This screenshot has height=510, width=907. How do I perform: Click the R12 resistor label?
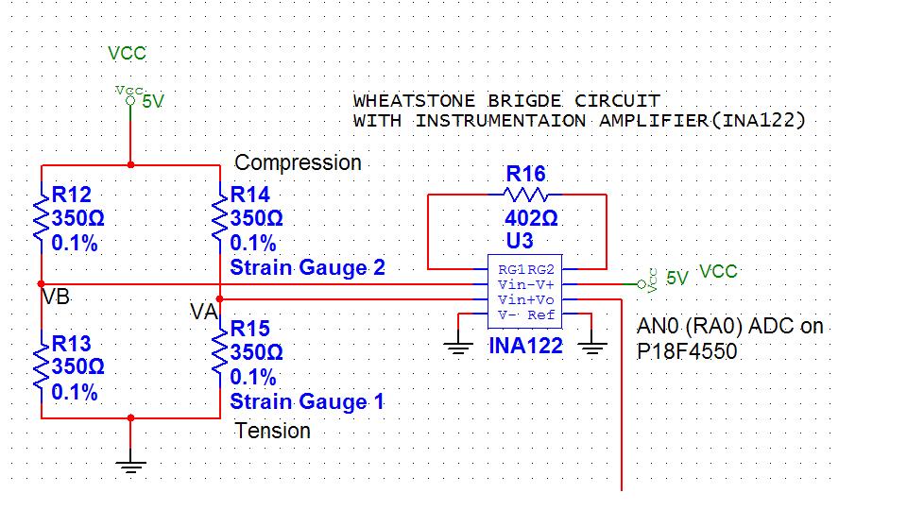[72, 195]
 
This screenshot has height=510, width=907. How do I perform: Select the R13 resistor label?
[72, 344]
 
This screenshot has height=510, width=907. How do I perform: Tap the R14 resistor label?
[250, 195]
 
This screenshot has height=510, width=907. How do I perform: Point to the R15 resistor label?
[250, 329]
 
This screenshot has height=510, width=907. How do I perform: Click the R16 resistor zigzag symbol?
[526, 195]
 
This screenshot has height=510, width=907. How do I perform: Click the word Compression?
[298, 162]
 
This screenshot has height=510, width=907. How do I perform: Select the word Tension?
[272, 431]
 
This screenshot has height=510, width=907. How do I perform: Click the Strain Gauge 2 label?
[307, 267]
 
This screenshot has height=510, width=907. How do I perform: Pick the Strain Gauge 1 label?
[307, 402]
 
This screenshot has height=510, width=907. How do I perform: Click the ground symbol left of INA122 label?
[459, 347]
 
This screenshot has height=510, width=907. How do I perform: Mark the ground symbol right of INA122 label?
[591, 347]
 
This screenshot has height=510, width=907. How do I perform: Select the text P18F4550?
[687, 350]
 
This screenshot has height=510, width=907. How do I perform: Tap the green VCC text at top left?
[127, 54]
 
